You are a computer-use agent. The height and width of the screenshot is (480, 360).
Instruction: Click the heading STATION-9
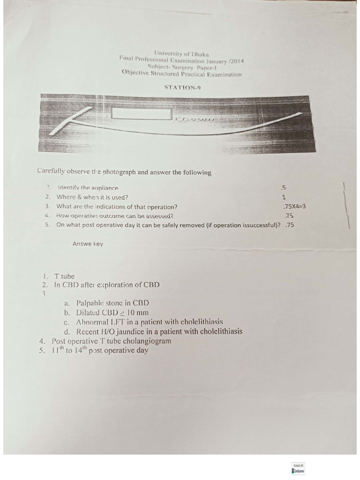point(183,87)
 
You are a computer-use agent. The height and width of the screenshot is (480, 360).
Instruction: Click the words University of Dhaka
point(182,54)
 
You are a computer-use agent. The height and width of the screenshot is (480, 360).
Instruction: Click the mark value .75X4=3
point(295,207)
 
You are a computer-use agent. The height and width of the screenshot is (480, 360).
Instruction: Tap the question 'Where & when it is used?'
point(92,197)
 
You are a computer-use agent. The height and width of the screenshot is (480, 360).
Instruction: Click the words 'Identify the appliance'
point(88,188)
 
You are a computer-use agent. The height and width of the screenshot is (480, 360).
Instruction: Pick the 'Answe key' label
point(88,244)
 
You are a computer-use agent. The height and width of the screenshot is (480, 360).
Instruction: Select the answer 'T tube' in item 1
point(64,276)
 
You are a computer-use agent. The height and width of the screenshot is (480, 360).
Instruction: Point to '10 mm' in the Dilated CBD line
point(136,312)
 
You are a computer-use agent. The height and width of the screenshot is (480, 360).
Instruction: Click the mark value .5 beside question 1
point(284,188)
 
